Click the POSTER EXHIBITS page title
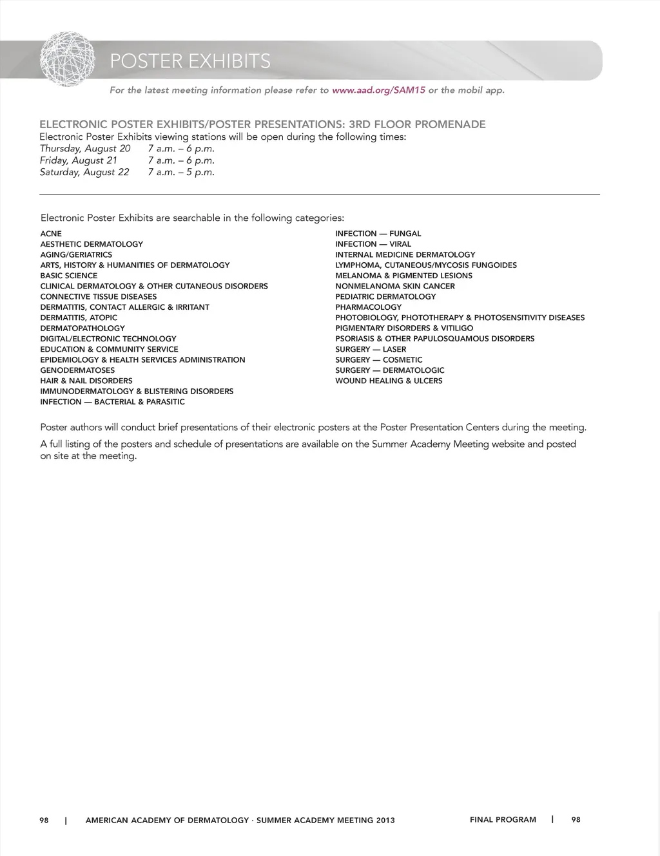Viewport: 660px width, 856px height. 190,61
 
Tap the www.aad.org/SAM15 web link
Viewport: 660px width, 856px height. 378,90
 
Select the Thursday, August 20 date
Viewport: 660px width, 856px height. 85,149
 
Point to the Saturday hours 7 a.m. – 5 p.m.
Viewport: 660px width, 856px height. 181,173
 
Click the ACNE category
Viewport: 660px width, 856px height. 51,234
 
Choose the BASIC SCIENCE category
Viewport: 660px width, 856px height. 69,276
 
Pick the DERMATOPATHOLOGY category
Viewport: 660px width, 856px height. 82,328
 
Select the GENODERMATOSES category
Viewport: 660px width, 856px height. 77,370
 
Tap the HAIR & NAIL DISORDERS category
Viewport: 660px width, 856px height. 86,381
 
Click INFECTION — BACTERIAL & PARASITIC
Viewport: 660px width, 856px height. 113,402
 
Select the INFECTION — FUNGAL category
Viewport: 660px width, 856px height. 378,234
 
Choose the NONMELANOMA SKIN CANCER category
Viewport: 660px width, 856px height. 395,286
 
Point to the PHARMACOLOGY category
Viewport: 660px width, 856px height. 368,307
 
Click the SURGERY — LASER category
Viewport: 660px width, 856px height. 371,349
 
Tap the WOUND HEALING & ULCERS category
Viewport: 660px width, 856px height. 389,381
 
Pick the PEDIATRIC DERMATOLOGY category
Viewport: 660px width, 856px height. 385,297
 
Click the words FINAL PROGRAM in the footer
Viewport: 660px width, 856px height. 503,820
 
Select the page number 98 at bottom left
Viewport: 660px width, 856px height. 44,821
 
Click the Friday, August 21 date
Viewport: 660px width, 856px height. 79,160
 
